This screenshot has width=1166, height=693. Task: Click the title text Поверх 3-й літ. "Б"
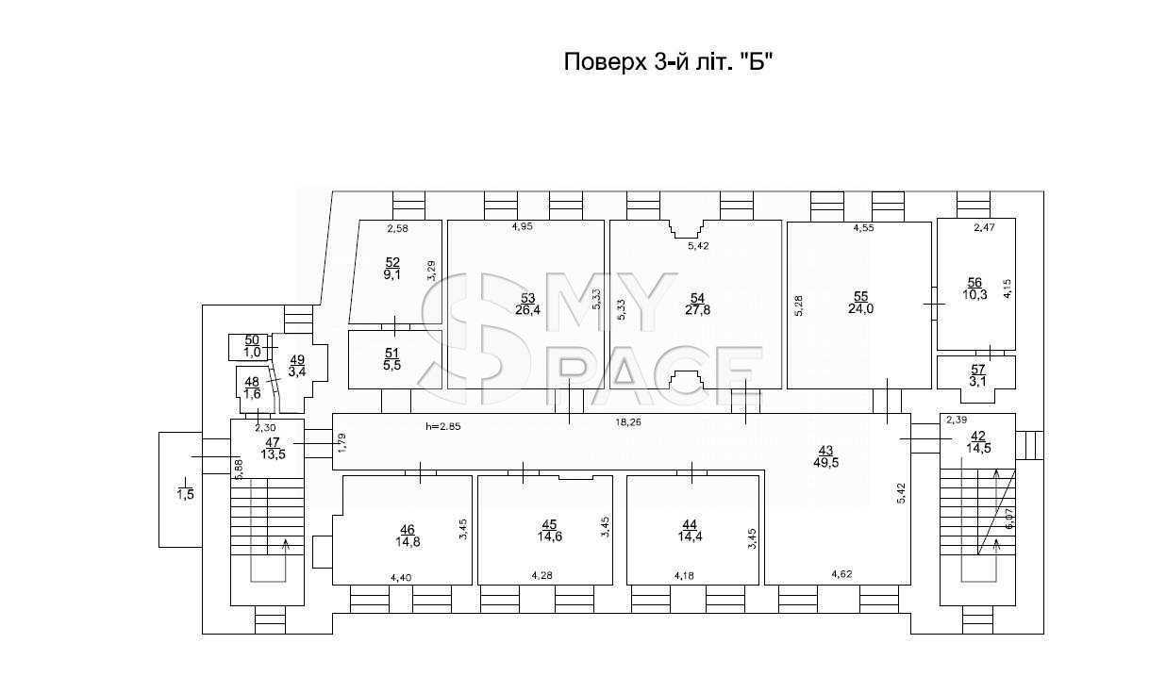click(x=667, y=62)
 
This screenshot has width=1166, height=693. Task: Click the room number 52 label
click(x=392, y=262)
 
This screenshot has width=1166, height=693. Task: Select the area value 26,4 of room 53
click(x=528, y=310)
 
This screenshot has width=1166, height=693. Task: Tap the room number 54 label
click(x=697, y=298)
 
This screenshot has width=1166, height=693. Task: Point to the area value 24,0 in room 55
click(x=861, y=309)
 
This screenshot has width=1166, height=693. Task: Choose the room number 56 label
click(x=974, y=283)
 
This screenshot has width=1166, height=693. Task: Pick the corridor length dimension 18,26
click(x=628, y=422)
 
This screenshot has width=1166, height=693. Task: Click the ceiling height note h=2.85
click(x=443, y=427)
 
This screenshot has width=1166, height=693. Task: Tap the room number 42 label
click(x=978, y=436)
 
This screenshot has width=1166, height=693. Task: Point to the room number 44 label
click(x=691, y=525)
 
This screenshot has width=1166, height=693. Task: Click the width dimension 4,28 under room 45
click(x=541, y=575)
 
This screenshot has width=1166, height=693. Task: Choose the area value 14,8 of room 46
click(x=408, y=542)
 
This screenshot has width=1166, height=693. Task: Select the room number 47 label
click(x=273, y=442)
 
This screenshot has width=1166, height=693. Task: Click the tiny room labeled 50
click(x=248, y=347)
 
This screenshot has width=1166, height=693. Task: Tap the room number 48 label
click(x=253, y=382)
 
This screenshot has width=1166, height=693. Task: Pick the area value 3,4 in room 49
click(x=297, y=372)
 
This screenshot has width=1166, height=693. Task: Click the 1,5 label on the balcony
click(x=185, y=494)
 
